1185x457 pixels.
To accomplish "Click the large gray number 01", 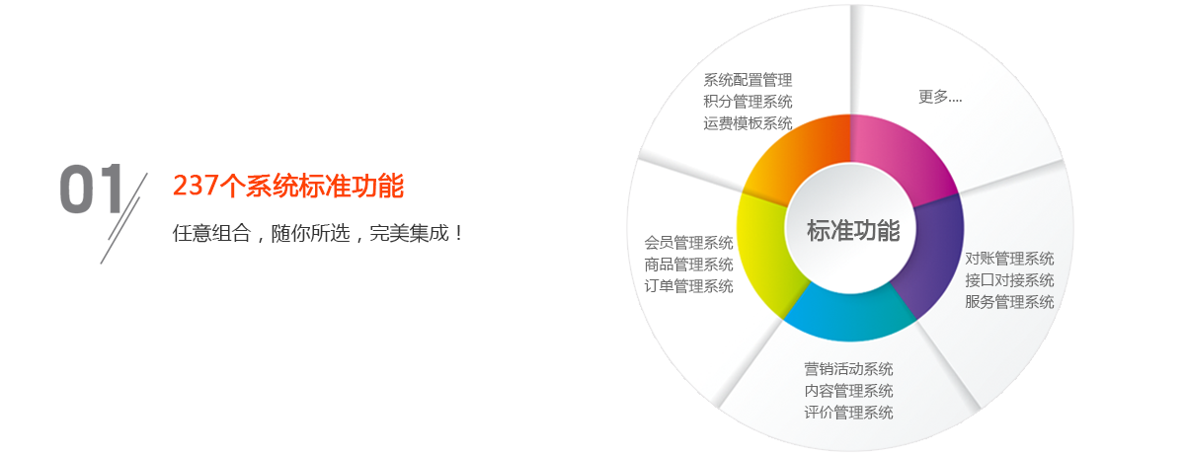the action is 92,189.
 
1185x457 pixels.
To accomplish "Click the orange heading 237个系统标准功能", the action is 288,186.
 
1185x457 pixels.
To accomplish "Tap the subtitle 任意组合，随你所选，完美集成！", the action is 318,233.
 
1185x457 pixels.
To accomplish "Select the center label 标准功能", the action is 853,231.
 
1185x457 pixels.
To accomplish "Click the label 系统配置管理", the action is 748,80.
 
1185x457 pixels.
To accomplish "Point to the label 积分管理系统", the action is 748,102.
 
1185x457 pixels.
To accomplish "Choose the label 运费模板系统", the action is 748,123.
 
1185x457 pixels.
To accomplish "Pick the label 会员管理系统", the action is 688,243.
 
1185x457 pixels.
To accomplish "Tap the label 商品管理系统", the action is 688,265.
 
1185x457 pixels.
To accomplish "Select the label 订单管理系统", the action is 688,286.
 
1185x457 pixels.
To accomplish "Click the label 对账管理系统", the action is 1009,259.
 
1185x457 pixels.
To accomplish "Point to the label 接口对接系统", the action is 1009,280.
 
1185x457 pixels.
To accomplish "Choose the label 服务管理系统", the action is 1009,302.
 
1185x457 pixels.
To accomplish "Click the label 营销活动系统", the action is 848,369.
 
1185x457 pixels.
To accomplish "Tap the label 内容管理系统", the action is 848,391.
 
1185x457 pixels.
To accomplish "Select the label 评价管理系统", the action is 848,413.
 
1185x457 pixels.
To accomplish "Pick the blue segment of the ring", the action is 849,316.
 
